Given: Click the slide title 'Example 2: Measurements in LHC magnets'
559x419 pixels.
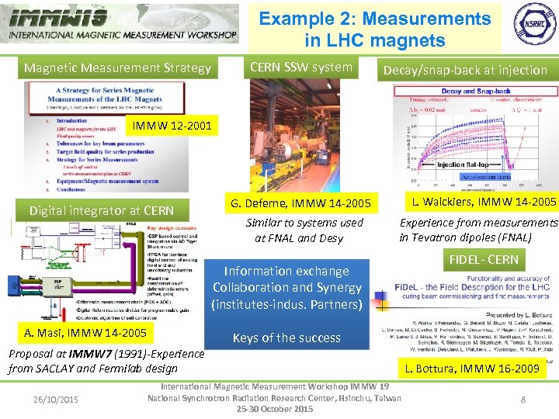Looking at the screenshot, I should tap(375, 29).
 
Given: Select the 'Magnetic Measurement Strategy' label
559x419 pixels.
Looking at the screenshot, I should tap(117, 68).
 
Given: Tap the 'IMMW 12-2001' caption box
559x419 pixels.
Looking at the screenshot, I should tap(172, 125).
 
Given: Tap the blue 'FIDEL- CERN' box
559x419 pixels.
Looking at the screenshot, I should tap(482, 259).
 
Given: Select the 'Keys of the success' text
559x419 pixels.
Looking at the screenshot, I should tap(286, 338).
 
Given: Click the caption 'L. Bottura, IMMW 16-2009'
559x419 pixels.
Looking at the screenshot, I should tap(473, 369).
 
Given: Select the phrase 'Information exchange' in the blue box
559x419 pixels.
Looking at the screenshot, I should tap(286, 271).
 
